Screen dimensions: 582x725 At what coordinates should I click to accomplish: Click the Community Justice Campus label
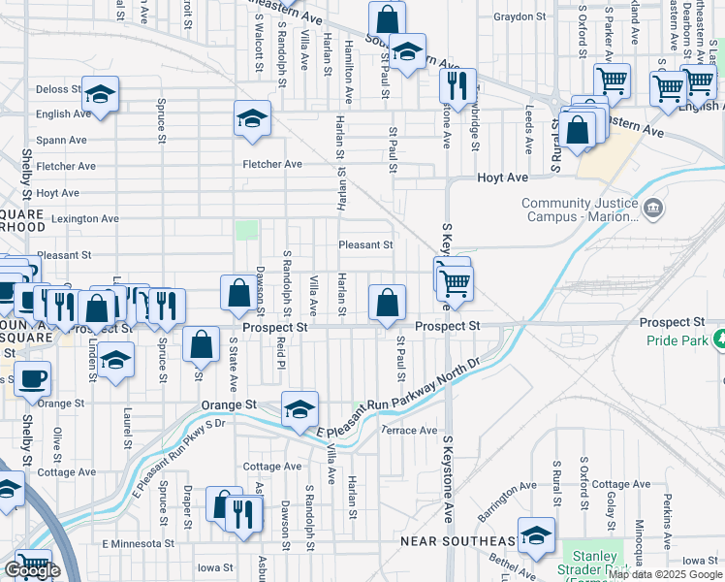coord(580,210)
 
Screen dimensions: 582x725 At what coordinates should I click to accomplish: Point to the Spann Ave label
coord(63,141)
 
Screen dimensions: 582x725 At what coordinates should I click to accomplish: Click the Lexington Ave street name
coord(84,219)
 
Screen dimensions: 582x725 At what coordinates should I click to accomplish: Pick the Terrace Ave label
coord(410,430)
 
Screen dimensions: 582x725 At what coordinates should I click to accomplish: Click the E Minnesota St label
coord(137,544)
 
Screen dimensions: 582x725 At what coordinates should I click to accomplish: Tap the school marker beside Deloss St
coord(100,93)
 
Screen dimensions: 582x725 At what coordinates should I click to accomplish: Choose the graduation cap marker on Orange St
coord(299,408)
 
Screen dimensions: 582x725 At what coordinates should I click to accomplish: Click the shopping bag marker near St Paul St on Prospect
coord(387,301)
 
